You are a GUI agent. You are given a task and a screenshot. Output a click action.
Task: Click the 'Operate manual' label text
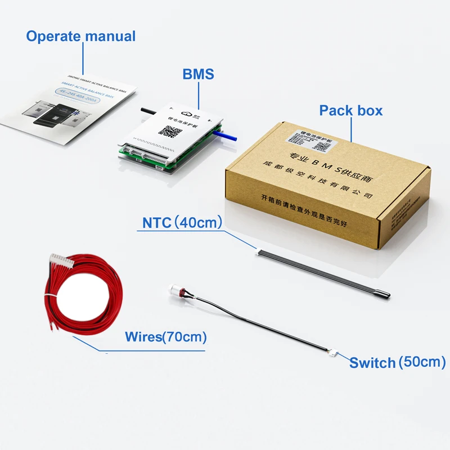80,37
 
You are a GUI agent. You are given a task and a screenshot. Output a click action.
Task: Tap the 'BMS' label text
198,74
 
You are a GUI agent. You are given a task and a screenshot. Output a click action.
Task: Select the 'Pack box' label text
350,110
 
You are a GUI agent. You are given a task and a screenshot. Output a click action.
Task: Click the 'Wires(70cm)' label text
165,337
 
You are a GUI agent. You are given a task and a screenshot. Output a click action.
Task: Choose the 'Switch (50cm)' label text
397,362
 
